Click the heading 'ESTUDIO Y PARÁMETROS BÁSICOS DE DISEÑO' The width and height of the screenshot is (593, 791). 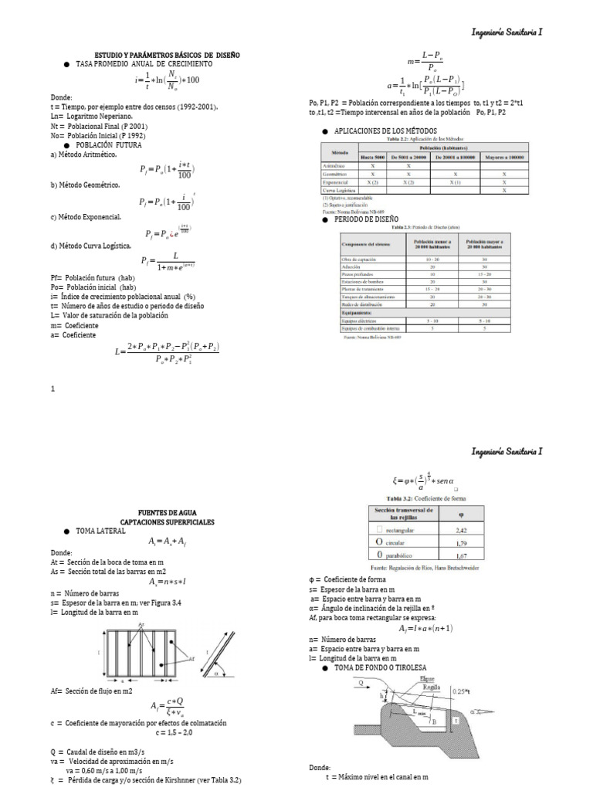(x=168, y=56)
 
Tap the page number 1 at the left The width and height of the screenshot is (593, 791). (x=53, y=389)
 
